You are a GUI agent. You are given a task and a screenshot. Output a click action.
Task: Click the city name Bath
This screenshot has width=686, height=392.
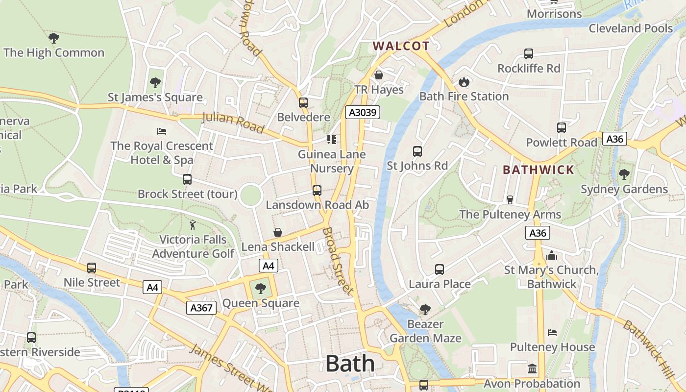[x=350, y=364]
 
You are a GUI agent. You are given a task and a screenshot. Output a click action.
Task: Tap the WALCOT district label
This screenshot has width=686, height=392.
[x=401, y=46]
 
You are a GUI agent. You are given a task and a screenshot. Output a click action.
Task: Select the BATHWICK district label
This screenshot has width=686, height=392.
[x=538, y=170]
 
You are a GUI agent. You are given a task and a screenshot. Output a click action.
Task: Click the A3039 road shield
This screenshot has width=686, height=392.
[x=363, y=113]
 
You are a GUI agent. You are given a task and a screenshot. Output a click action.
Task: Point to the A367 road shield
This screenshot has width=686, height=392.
[x=201, y=308]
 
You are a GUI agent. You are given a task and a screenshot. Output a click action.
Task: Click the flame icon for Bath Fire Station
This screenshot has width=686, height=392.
[x=464, y=82]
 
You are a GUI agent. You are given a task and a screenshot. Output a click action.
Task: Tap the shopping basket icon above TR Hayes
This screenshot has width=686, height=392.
[x=378, y=75]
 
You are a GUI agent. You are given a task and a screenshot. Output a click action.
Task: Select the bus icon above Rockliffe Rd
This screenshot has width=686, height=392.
[x=528, y=54]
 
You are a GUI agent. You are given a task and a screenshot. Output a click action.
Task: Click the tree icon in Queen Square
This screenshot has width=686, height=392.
[x=261, y=289]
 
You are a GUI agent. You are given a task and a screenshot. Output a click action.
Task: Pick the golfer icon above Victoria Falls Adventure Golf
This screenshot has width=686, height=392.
[x=193, y=225]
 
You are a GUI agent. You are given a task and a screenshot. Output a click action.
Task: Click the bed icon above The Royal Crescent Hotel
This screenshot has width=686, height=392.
[x=162, y=131]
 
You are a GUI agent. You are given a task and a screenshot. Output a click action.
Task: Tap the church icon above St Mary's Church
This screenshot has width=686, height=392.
[x=552, y=255]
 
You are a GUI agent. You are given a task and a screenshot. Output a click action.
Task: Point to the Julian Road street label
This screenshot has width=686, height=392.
[x=233, y=122]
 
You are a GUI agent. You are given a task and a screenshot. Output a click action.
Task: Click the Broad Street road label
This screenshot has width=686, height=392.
[x=338, y=261]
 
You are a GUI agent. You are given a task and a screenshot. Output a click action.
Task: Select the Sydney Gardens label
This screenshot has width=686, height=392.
[x=624, y=189]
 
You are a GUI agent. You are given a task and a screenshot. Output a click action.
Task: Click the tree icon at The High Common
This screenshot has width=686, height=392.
[x=54, y=38]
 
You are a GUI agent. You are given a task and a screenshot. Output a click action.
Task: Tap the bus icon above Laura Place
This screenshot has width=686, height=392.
[x=440, y=269]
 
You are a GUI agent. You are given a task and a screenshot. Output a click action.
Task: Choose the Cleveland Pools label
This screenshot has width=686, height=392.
[x=630, y=28]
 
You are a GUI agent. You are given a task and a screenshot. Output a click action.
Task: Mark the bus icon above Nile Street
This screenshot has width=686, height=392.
[x=92, y=268]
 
